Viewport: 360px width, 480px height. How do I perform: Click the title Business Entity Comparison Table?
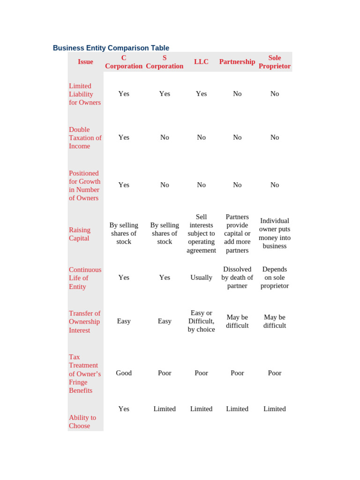(x=111, y=48)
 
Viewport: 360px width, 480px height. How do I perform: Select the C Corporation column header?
(x=124, y=62)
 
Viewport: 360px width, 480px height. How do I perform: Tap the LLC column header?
(x=201, y=62)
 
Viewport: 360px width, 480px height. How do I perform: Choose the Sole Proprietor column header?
(x=275, y=62)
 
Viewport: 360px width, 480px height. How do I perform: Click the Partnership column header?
(x=237, y=62)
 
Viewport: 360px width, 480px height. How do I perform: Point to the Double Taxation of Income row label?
(x=85, y=138)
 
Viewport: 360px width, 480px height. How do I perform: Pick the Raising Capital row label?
(x=80, y=234)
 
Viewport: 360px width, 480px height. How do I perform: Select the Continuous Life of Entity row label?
(x=85, y=278)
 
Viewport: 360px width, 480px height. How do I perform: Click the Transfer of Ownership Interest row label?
(x=84, y=322)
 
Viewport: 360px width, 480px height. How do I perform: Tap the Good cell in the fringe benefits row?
(x=124, y=373)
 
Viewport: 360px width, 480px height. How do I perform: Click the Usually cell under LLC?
(x=201, y=277)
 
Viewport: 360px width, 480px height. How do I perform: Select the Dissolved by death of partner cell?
(x=237, y=277)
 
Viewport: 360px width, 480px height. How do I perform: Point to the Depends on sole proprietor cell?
(x=275, y=277)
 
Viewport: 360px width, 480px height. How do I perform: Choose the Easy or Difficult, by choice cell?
(x=201, y=321)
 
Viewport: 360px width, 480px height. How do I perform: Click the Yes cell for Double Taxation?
(x=124, y=137)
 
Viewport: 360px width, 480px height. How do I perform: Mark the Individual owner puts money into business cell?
(x=275, y=233)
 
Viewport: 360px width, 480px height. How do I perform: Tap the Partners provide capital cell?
(x=237, y=233)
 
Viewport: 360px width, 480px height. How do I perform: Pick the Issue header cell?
(x=85, y=62)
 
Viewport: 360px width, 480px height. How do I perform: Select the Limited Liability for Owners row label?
(x=85, y=94)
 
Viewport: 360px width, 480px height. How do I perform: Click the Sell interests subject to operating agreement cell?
(x=201, y=233)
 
